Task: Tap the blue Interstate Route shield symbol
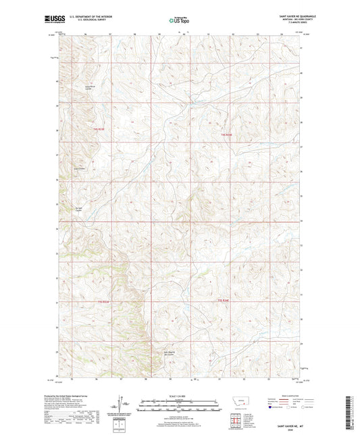pyautogui.click(x=274, y=408)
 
